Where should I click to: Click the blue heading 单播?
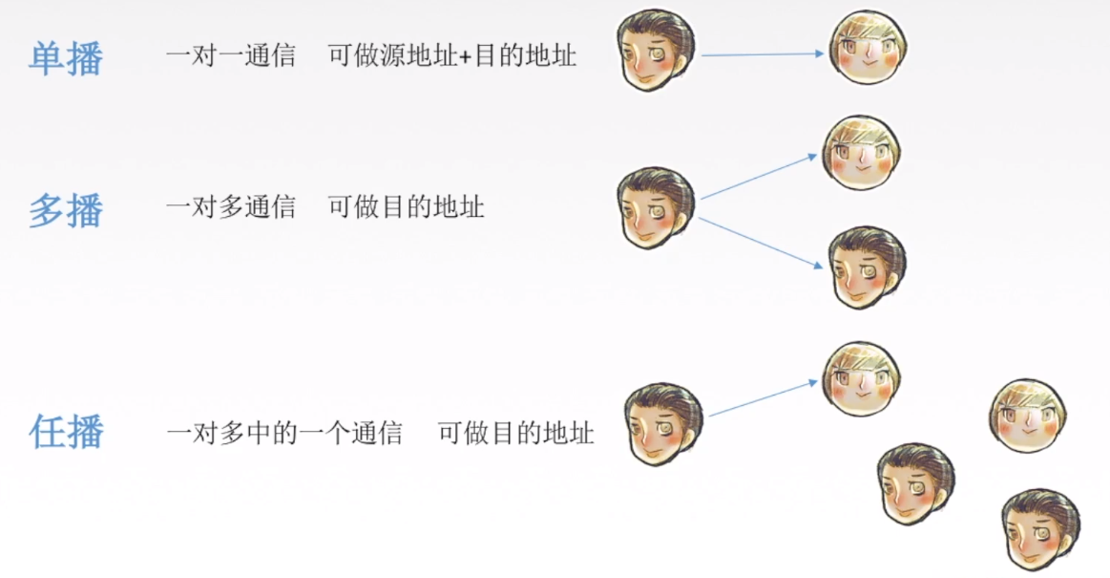click(x=66, y=58)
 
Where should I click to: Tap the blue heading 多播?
click(x=66, y=209)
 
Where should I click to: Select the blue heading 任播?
click(x=66, y=432)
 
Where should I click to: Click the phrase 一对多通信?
click(x=230, y=206)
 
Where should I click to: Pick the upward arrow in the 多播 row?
click(x=760, y=177)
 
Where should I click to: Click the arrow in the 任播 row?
click(x=764, y=398)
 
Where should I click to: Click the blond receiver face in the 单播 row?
click(x=868, y=48)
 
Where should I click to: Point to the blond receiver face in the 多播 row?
click(x=862, y=154)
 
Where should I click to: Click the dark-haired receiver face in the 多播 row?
click(x=866, y=267)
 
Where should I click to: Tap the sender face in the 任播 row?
click(x=663, y=424)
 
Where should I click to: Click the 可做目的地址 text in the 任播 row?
click(x=516, y=434)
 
